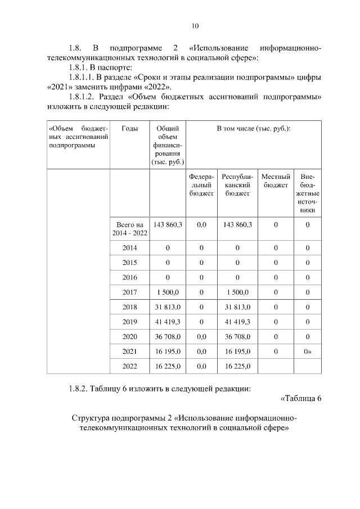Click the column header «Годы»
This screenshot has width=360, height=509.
tap(130, 129)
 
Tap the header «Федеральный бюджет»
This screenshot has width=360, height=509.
tap(202, 185)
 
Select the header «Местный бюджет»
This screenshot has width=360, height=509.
tap(276, 181)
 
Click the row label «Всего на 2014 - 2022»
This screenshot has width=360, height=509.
tap(130, 228)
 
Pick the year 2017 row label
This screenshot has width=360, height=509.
tap(130, 291)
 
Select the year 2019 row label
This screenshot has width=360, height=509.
tap(130, 321)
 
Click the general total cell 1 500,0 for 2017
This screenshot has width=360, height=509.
tap(168, 291)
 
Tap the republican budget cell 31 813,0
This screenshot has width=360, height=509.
tap(237, 307)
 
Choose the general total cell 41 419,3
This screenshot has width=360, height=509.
tap(168, 321)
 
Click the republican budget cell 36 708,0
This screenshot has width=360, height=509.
tap(237, 336)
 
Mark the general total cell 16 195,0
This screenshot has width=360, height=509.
tap(168, 351)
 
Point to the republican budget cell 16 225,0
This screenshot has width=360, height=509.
tap(237, 366)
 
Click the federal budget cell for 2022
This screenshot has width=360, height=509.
tap(202, 366)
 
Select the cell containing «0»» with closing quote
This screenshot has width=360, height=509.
tap(308, 351)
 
